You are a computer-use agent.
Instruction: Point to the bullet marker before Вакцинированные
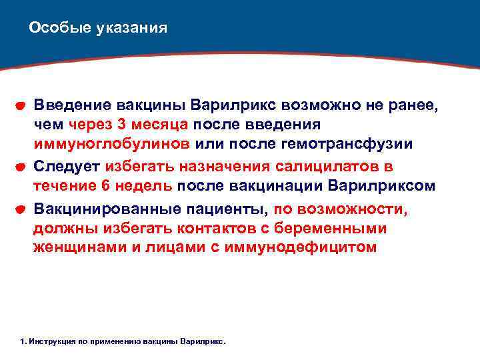21,209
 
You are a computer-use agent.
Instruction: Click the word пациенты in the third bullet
223,208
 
